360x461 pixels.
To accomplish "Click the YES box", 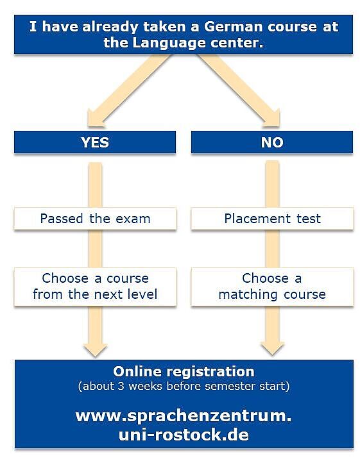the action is point(95,142).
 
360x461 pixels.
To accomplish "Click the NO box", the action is point(272,142).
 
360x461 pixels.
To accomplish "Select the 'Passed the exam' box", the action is point(95,219).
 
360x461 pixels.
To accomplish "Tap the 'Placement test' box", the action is point(272,219).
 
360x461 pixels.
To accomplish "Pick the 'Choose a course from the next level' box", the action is point(95,287).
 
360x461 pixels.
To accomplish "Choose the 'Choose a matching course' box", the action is point(272,287).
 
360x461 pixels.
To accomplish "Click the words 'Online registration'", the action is point(184,371).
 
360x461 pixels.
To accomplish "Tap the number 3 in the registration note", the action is point(121,386).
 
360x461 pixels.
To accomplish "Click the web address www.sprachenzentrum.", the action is point(184,416).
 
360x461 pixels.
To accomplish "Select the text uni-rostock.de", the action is point(184,435).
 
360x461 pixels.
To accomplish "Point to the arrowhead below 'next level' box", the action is point(95,349).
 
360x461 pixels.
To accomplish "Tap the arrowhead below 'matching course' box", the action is point(272,348).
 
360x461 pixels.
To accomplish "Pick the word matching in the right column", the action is point(248,295).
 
